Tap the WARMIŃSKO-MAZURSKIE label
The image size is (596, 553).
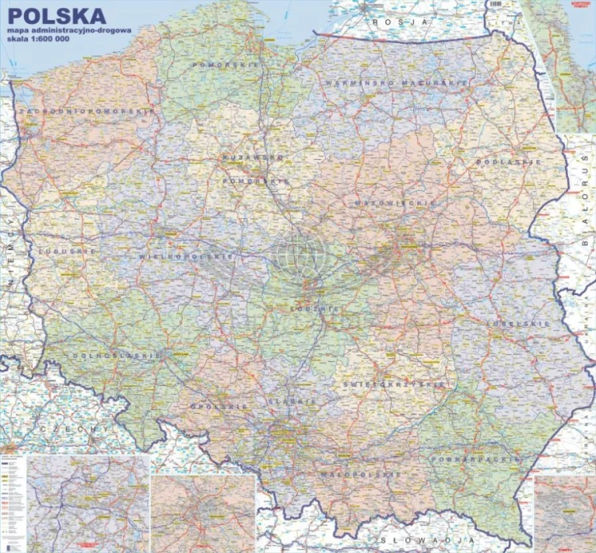382,82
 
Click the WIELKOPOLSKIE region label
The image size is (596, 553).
186,257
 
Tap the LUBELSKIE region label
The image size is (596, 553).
518,324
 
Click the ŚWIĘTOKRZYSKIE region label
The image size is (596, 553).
394,384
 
